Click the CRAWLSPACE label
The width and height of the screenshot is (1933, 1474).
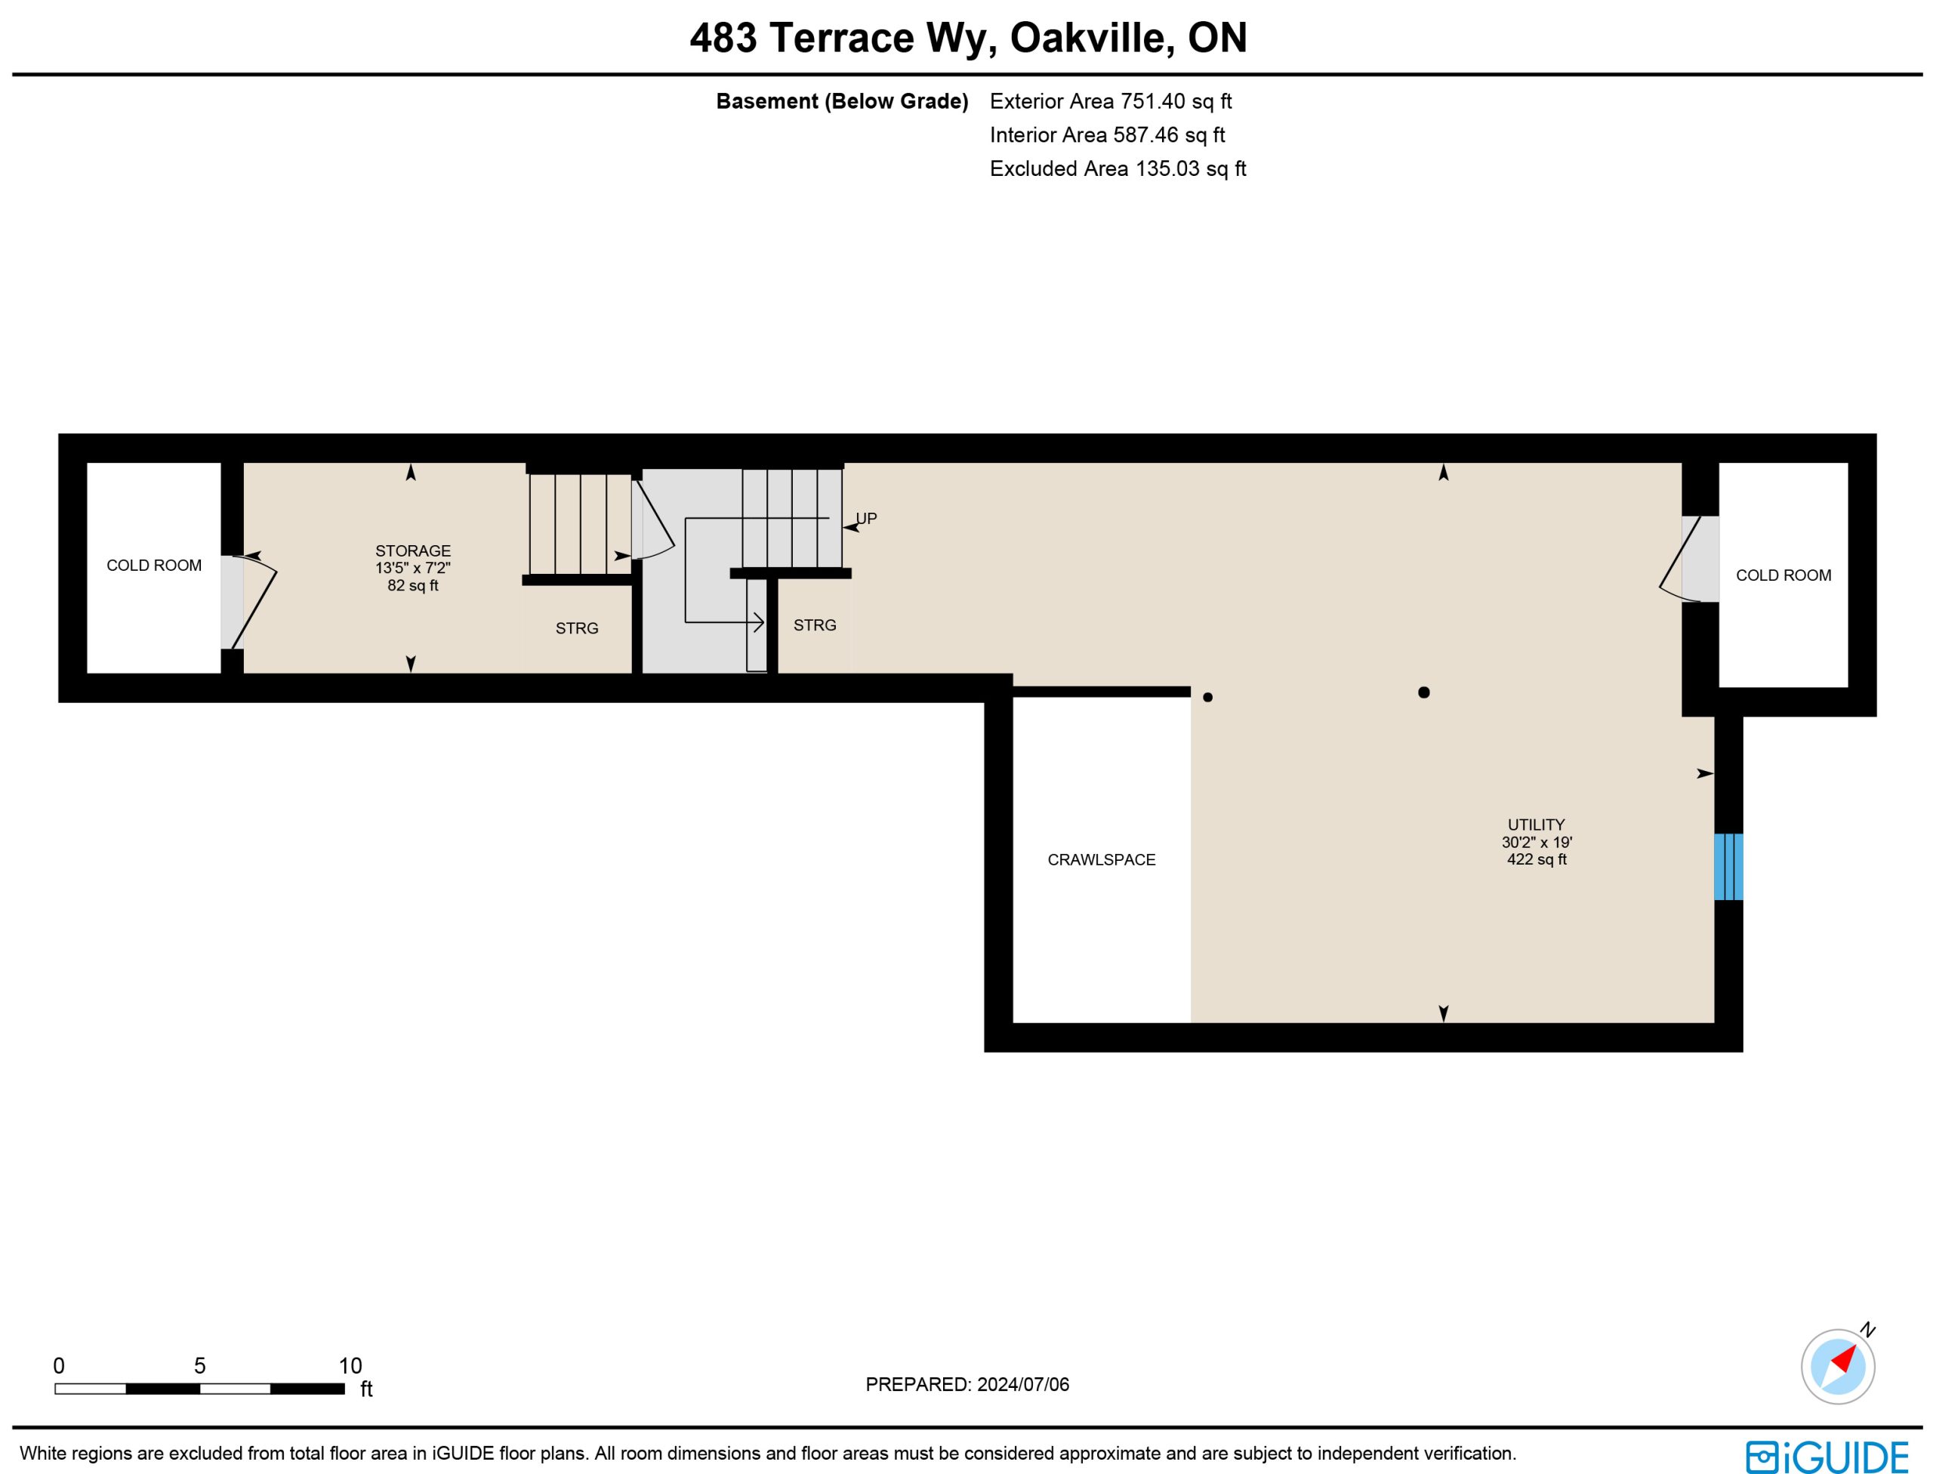1101,860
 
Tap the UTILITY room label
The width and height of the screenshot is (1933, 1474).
1536,825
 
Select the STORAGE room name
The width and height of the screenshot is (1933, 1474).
412,551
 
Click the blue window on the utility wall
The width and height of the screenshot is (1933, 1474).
1728,867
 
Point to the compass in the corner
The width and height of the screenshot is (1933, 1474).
1837,1366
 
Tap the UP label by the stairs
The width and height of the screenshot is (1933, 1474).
866,519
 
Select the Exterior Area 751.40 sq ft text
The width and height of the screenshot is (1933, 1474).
1111,102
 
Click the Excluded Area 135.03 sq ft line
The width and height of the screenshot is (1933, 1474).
1118,168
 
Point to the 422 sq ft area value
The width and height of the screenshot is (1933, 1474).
1537,859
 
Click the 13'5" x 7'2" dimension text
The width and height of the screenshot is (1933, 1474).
412,569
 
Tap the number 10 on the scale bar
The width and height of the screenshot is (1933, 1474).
350,1365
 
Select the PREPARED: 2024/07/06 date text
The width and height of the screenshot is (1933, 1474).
967,1384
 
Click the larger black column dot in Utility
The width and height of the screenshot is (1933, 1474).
1423,692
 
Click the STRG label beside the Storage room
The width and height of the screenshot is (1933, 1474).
576,628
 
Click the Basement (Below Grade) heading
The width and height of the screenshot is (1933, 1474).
841,102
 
